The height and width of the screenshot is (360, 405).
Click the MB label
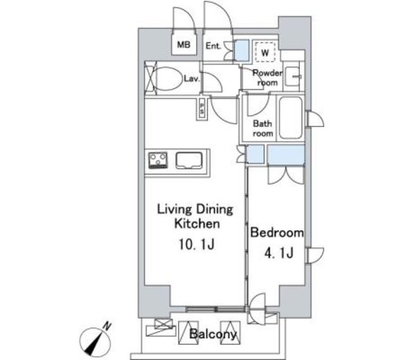coord(184,45)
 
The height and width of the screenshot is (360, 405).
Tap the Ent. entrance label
coord(213,46)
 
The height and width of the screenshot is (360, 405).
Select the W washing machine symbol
coord(265,52)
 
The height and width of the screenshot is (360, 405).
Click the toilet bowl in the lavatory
coord(168,78)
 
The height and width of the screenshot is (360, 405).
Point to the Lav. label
coord(192,78)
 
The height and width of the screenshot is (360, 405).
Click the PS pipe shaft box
coord(202,108)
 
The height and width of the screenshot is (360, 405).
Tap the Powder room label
coord(267,78)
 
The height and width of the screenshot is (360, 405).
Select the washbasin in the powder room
coord(292,77)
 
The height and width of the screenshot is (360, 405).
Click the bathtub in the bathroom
coord(291,118)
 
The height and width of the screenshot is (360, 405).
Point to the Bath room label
coord(263,128)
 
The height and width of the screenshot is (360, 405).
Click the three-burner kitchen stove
coord(158,160)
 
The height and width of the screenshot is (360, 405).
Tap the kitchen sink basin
coord(189,160)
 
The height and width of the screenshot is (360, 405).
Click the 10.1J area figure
coord(197,244)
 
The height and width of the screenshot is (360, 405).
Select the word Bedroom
coord(277,232)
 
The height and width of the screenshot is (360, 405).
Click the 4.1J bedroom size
coord(279,252)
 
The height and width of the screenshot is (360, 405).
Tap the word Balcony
coord(213,335)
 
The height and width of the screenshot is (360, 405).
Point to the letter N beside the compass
coord(107,326)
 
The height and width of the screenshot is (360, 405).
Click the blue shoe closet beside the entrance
coord(242,51)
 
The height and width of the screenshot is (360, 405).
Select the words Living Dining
coord(196,209)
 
